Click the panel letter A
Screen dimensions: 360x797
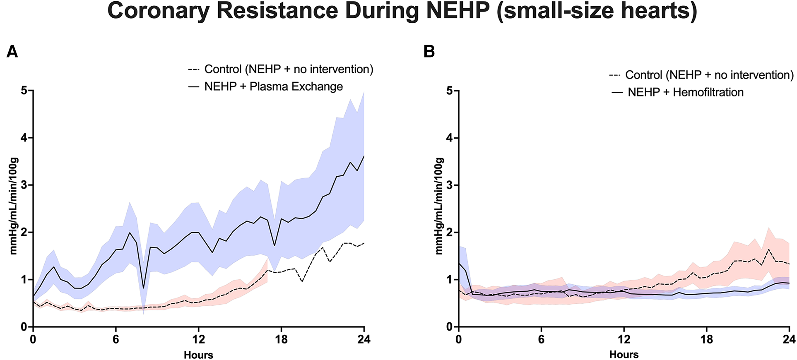coord(12,52)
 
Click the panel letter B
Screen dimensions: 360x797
coord(429,52)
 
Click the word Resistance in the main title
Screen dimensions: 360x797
coord(277,11)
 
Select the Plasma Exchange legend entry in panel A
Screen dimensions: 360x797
coord(273,86)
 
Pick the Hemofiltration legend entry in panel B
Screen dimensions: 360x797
coord(685,92)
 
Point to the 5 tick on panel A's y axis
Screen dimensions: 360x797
coord(24,90)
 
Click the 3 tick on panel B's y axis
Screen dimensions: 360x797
coord(450,185)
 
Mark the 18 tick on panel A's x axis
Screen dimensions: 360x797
coord(281,340)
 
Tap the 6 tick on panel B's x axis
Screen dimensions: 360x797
coord(541,340)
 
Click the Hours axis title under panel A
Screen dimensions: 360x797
coord(198,355)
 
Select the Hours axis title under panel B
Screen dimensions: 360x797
coord(624,355)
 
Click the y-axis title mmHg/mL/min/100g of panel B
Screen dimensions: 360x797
coord(439,206)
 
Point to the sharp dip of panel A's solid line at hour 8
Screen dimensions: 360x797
coord(143,288)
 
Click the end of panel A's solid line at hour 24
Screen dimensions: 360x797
coord(364,156)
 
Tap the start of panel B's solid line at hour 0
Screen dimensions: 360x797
coord(459,264)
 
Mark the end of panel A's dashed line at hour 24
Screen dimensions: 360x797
coord(364,243)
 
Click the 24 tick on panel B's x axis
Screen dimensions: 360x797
coord(789,340)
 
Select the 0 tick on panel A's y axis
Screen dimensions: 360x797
coord(24,327)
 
